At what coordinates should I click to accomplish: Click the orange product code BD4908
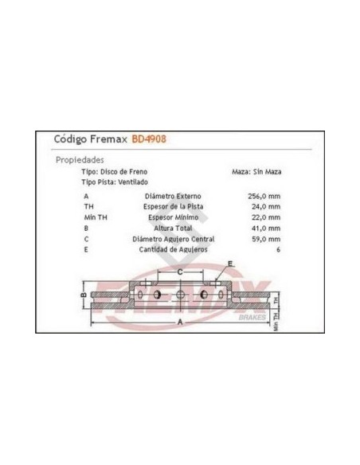pyautogui.click(x=149, y=139)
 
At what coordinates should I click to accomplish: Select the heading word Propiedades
pyautogui.click(x=80, y=160)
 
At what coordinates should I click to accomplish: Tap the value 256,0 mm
pyautogui.click(x=264, y=197)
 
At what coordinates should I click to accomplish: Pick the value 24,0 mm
pyautogui.click(x=266, y=207)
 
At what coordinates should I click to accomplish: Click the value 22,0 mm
pyautogui.click(x=266, y=217)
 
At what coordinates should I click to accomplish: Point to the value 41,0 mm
pyautogui.click(x=266, y=229)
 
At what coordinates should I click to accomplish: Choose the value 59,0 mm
pyautogui.click(x=266, y=239)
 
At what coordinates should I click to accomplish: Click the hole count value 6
pyautogui.click(x=278, y=250)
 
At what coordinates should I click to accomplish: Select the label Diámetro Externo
pyautogui.click(x=173, y=197)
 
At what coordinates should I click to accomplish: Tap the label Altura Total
pyautogui.click(x=173, y=229)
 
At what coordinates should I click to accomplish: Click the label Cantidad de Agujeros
pyautogui.click(x=173, y=250)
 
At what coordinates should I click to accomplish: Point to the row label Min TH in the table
pyautogui.click(x=96, y=217)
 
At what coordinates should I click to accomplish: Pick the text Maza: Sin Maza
pyautogui.click(x=256, y=172)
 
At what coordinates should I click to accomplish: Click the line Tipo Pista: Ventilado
pyautogui.click(x=115, y=182)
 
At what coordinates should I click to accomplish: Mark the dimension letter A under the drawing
pyautogui.click(x=180, y=322)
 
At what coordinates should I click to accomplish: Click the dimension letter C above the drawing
pyautogui.click(x=180, y=272)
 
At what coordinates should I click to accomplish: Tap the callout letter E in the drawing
pyautogui.click(x=230, y=264)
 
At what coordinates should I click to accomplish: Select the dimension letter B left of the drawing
pyautogui.click(x=84, y=295)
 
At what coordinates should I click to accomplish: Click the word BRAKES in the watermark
pyautogui.click(x=252, y=318)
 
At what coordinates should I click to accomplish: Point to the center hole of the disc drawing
pyautogui.click(x=180, y=295)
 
